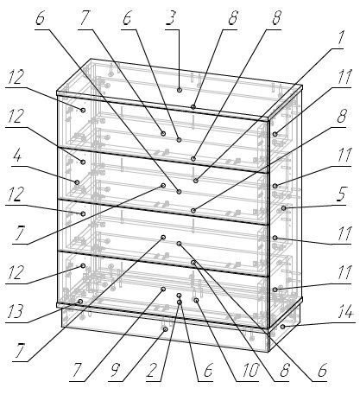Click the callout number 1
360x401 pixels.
tap(341, 38)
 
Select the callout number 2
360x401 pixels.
tap(152, 369)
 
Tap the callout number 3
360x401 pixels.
tap(170, 18)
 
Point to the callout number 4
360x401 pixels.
tap(17, 156)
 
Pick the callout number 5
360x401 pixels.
tap(341, 194)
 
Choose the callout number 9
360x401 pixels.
tap(115, 369)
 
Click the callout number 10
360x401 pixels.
tap(250, 369)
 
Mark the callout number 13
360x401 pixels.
tap(15, 311)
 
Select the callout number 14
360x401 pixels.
tap(345, 312)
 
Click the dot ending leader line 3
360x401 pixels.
tap(180, 90)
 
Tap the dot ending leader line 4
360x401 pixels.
tap(77, 182)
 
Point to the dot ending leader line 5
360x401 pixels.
tap(284, 208)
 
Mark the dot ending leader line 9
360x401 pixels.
tap(165, 329)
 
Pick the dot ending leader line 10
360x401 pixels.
tap(196, 301)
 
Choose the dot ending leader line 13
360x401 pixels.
tap(80, 302)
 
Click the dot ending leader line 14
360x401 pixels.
tap(283, 327)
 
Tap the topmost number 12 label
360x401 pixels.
tap(15, 77)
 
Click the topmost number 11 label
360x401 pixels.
tap(344, 77)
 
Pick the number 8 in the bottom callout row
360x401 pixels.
tap(285, 369)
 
